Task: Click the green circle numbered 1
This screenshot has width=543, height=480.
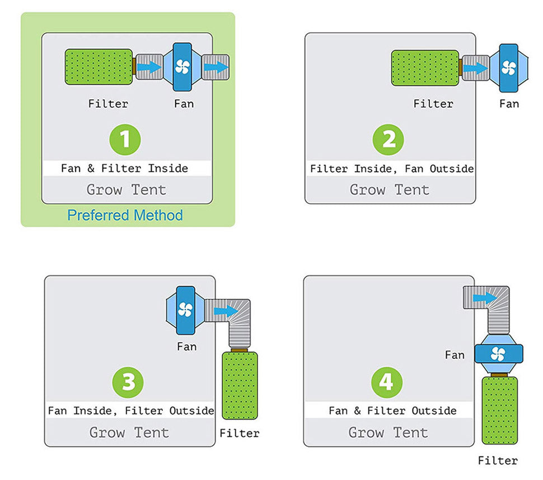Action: point(125,139)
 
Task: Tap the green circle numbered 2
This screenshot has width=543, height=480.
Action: point(388,140)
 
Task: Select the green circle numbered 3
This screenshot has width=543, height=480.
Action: point(128,382)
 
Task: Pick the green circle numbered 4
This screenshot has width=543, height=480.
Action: point(387,382)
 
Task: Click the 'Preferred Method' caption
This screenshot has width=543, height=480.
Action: point(125,215)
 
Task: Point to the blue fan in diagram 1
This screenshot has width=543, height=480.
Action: point(182,67)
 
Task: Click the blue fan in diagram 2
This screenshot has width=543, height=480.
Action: point(508,68)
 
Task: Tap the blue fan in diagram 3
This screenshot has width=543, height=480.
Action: point(185,309)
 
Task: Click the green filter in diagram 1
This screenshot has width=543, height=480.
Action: point(99,67)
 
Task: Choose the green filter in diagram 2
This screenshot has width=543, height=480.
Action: point(425,68)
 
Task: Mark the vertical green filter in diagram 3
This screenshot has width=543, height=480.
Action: point(240,385)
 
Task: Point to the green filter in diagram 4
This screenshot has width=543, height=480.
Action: point(500,410)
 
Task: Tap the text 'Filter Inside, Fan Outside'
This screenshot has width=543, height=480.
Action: point(392,169)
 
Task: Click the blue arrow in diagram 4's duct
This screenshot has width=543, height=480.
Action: point(484,297)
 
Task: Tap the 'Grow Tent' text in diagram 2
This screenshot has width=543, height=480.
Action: point(389,190)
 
